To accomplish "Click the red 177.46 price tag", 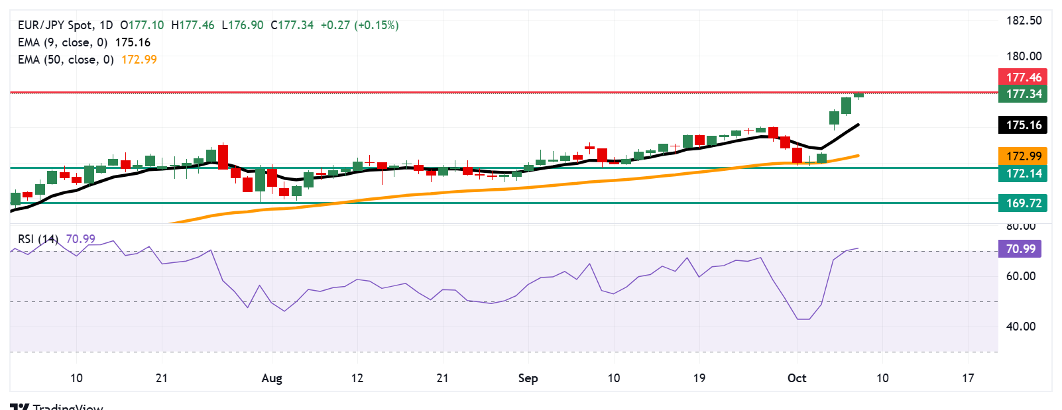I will coord(1023,77).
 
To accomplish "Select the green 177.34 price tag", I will coord(1023,94).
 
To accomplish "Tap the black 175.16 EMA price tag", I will coord(1023,125).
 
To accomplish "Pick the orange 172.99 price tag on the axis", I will coord(1023,156).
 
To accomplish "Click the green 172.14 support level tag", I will coord(1023,174).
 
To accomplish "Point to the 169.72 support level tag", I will coord(1023,203).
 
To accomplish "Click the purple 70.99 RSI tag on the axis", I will coord(1020,249).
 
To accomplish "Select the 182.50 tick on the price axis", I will coord(1024,21).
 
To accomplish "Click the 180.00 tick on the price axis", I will coord(1024,56).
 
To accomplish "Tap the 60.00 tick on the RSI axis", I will coord(1020,276).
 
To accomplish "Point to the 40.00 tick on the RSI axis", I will coord(1020,327).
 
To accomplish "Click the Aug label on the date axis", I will coord(272,378).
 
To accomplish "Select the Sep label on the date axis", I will coord(528,378).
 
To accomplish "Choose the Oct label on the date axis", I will coord(797,378).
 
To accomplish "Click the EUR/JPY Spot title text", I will coord(56,25).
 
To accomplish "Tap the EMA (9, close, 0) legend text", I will coord(62,42).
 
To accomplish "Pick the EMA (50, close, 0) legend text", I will coord(66,60).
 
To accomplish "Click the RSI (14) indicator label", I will coord(38,239).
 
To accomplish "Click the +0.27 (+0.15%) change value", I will coord(359,25).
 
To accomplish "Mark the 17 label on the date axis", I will coord(968,378).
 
